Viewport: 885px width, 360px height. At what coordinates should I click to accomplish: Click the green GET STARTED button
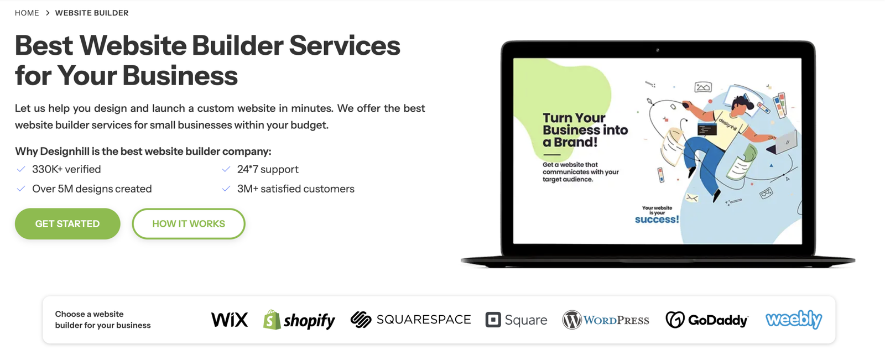pos(67,223)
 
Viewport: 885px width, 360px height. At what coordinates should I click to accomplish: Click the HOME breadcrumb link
pos(27,13)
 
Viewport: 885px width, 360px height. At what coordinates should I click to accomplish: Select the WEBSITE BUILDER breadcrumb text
pos(92,13)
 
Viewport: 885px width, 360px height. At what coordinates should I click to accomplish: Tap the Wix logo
pos(229,320)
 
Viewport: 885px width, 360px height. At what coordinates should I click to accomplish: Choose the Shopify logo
pos(299,320)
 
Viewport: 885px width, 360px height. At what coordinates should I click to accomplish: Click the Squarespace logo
pos(410,319)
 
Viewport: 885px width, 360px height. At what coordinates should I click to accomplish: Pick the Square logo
pos(517,320)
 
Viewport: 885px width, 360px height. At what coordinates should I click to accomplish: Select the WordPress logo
pos(606,320)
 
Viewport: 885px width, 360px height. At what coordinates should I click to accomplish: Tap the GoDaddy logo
pos(707,320)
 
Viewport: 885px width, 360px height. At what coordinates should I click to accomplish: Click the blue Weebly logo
pos(794,319)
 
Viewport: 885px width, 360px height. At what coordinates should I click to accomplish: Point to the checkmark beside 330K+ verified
pos(21,170)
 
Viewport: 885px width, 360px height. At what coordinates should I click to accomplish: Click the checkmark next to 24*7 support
pos(226,170)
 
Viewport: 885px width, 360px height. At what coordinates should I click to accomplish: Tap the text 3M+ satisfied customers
pos(295,189)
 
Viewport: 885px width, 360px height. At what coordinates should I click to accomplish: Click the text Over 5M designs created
pos(92,189)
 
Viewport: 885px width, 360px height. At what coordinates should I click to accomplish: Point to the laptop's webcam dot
pos(658,50)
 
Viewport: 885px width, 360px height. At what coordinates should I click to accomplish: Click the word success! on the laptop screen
pos(657,220)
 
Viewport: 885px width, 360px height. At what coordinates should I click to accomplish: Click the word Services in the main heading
pos(345,45)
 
